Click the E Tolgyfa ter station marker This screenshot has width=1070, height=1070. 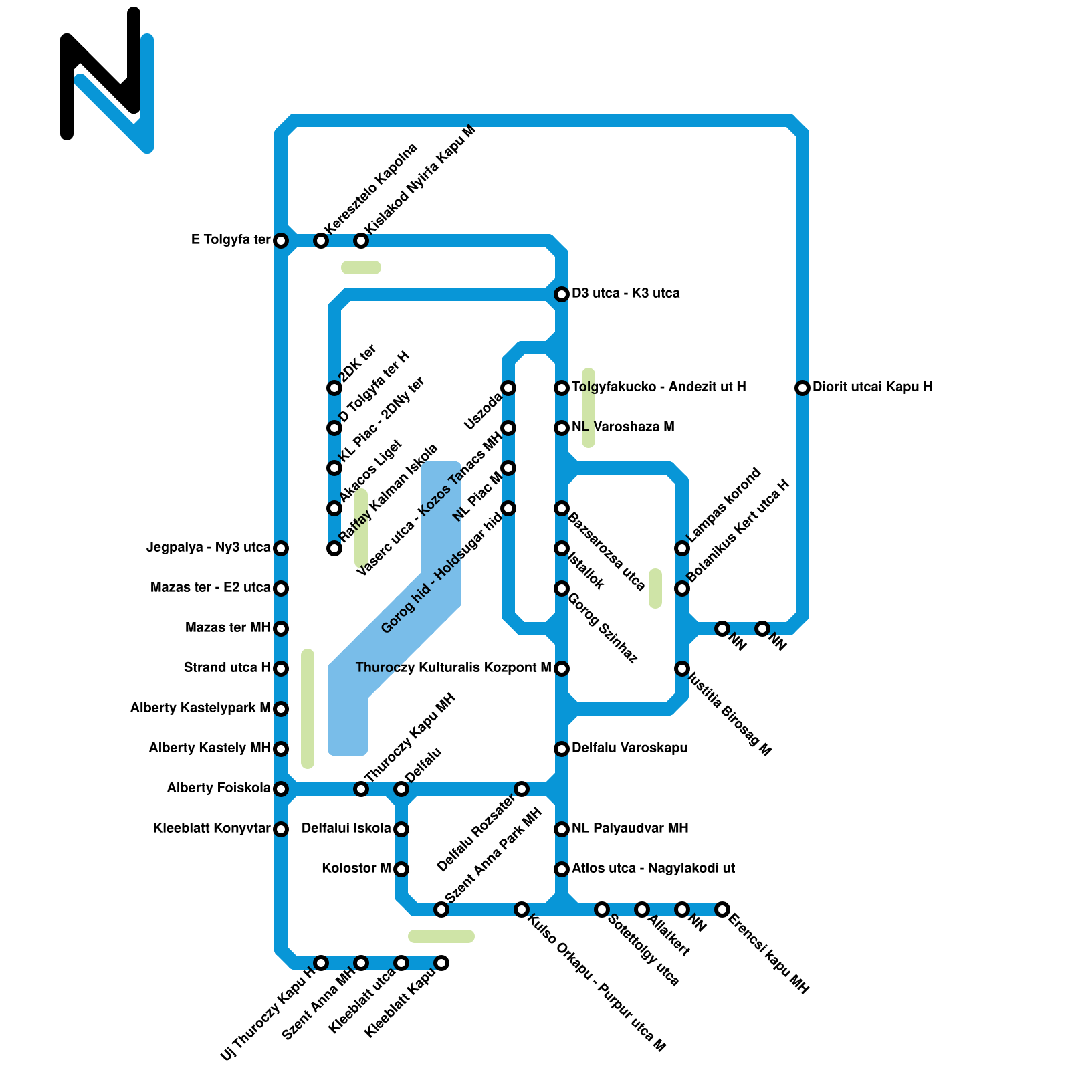click(x=281, y=240)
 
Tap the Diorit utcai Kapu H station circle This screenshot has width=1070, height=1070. click(x=802, y=387)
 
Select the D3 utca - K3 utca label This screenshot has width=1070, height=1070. click(x=625, y=293)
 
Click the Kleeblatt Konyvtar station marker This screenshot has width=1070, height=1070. click(x=281, y=829)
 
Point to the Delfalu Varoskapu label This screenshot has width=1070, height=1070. click(x=629, y=748)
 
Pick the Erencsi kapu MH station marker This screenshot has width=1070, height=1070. click(x=722, y=909)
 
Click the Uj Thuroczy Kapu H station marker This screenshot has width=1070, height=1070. click(x=321, y=962)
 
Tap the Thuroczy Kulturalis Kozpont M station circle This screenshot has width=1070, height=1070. click(x=562, y=668)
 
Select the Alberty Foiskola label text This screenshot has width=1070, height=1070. click(x=219, y=788)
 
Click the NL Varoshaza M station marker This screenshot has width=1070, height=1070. click(x=562, y=427)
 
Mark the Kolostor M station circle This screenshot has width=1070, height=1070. click(x=401, y=869)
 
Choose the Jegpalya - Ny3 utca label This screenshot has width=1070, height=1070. click(x=209, y=547)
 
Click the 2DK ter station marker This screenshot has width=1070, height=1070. click(x=334, y=387)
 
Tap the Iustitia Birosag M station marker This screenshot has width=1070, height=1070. click(x=682, y=668)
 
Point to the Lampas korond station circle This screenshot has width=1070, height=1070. click(x=682, y=548)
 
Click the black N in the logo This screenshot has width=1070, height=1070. click(x=100, y=74)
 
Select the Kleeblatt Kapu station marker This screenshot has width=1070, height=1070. click(x=441, y=962)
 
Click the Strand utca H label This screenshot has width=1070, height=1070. click(x=227, y=667)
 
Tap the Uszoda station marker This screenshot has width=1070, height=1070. click(x=508, y=387)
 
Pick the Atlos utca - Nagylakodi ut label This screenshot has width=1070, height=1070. click(x=653, y=868)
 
